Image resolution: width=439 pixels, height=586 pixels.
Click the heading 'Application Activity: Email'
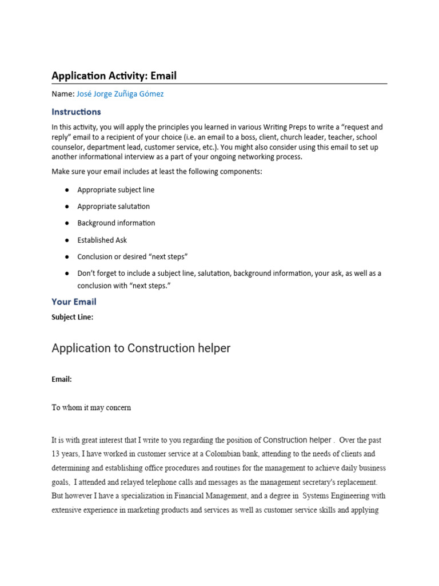pyautogui.click(x=114, y=76)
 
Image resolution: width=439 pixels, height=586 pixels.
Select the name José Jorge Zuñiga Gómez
pyautogui.click(x=120, y=94)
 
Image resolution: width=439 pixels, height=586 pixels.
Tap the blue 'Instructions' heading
pyautogui.click(x=76, y=112)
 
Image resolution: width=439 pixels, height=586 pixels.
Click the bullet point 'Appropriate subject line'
pyautogui.click(x=116, y=190)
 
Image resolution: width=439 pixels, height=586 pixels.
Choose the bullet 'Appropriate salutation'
pyautogui.click(x=114, y=207)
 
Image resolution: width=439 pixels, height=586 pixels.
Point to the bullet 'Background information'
pyautogui.click(x=116, y=223)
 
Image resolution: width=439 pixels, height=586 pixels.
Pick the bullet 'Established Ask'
pyautogui.click(x=102, y=240)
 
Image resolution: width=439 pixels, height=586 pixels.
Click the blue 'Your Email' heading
pyautogui.click(x=74, y=302)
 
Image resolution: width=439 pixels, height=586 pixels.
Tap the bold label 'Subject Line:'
pyautogui.click(x=72, y=317)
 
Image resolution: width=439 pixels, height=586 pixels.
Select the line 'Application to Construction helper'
pyautogui.click(x=141, y=348)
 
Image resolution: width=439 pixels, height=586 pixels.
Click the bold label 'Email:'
pyautogui.click(x=62, y=379)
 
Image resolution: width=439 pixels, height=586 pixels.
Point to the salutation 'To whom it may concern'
pyautogui.click(x=91, y=408)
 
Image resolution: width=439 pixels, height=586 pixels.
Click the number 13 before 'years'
pyautogui.click(x=56, y=454)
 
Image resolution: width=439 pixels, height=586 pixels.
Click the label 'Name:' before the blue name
pyautogui.click(x=63, y=94)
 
